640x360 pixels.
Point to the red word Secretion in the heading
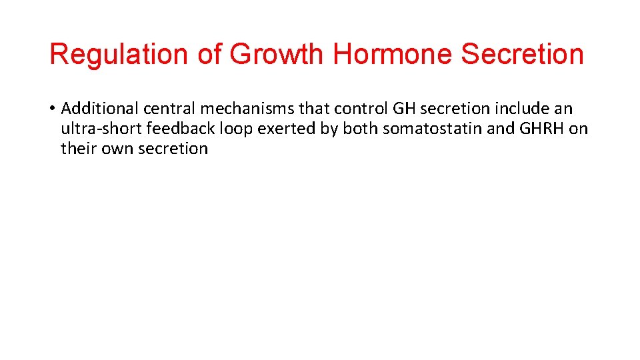(522, 55)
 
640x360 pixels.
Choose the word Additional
(99, 109)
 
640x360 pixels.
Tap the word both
(360, 129)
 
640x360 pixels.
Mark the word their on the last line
(78, 149)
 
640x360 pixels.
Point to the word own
(116, 149)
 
